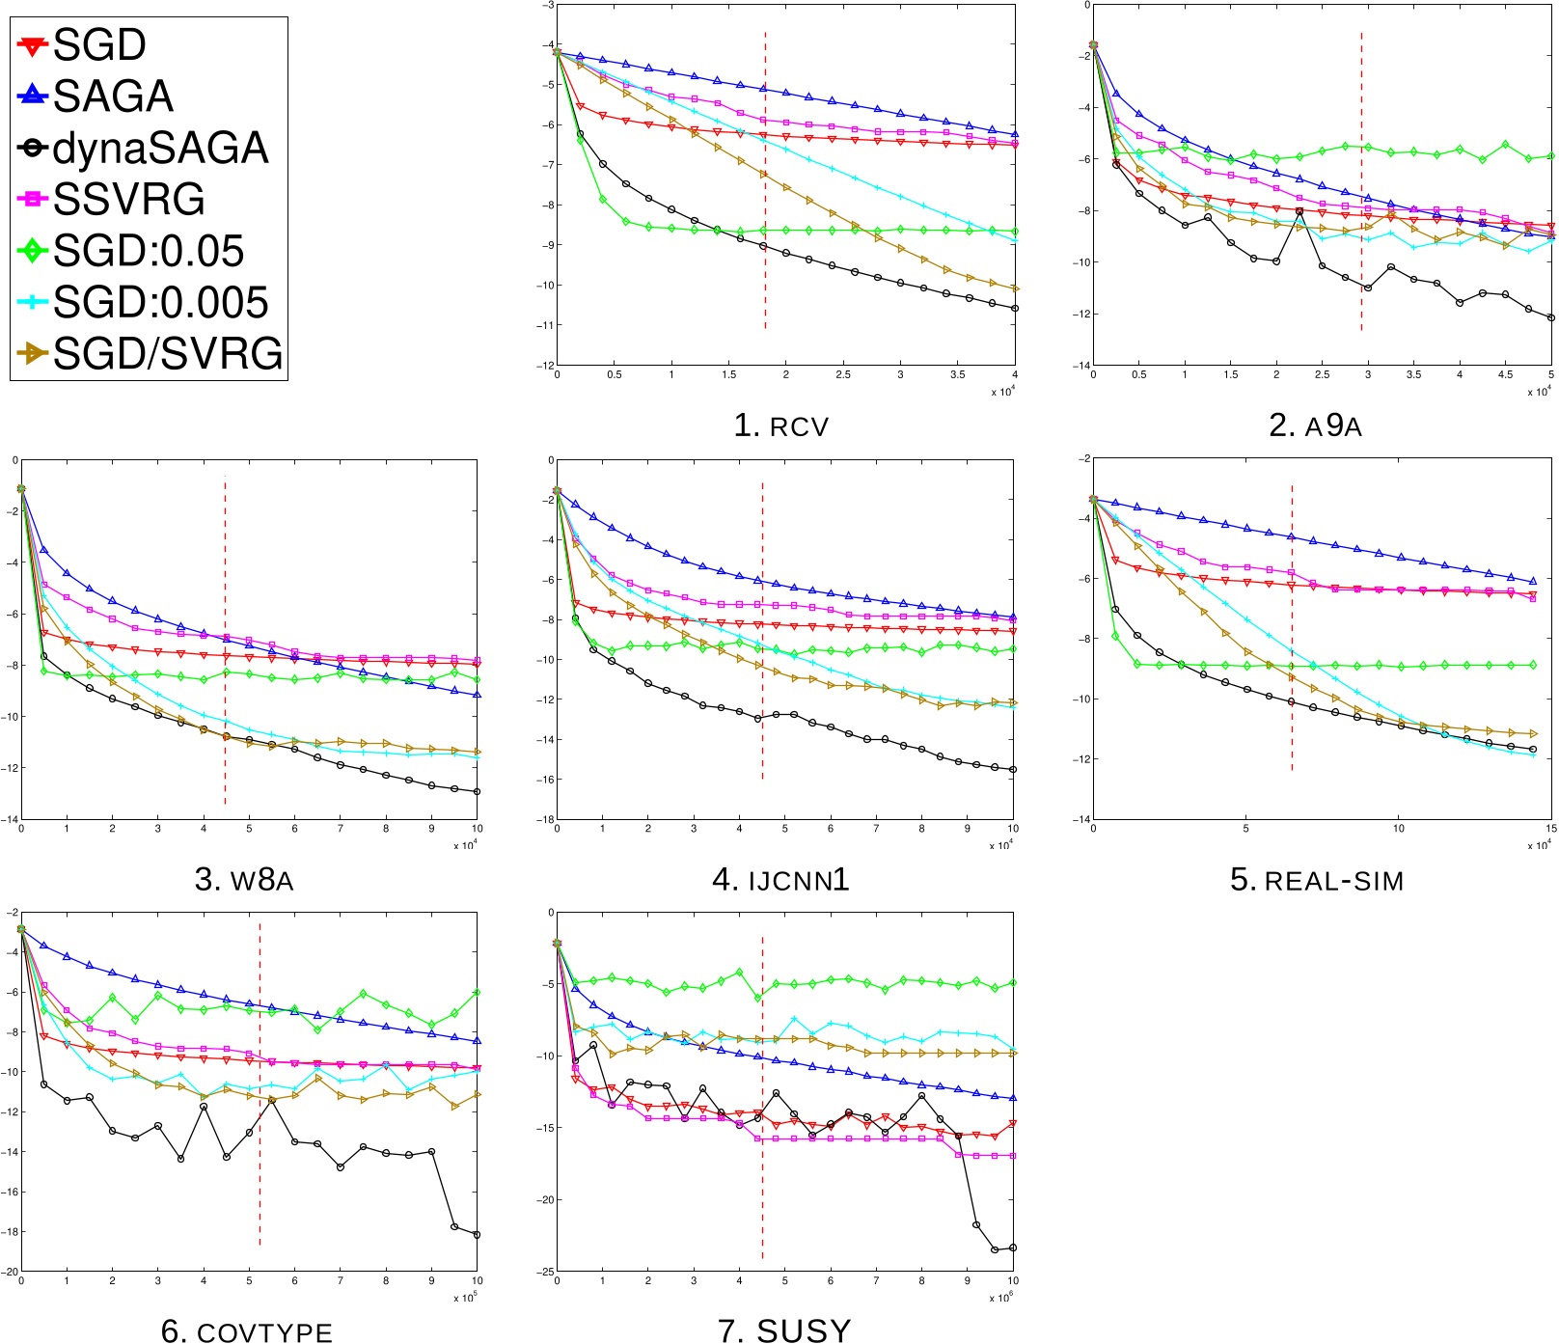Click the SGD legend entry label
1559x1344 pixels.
coord(99,45)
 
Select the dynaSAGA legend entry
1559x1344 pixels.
coord(159,149)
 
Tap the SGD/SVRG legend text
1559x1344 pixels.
coord(167,354)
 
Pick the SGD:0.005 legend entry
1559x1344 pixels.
coord(159,302)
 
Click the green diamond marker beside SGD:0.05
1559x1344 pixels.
coord(33,251)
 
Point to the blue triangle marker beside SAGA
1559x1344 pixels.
coord(33,96)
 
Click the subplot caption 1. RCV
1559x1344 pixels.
coord(780,425)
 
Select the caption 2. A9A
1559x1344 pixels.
coord(1315,425)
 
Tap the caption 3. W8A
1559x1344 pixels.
coord(244,880)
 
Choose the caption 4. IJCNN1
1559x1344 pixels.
coord(780,880)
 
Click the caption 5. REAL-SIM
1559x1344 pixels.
coord(1317,880)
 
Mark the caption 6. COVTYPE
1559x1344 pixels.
coord(247,1331)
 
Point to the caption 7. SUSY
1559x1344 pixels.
coord(784,1331)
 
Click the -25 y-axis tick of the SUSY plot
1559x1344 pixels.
coord(546,1272)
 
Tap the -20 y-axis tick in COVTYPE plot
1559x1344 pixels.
coord(11,1272)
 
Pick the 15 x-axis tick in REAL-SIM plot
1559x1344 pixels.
coord(1550,829)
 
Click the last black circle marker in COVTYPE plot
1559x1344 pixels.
coord(477,1235)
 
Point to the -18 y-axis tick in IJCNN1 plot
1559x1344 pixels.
coord(546,819)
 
